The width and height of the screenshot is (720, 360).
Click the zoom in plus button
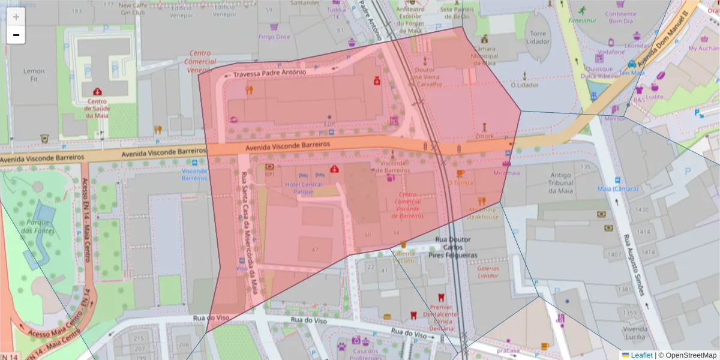[16, 17]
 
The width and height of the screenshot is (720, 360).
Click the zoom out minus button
[16, 35]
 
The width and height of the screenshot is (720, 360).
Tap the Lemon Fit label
[34, 75]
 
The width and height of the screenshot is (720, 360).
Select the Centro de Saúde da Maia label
[97, 108]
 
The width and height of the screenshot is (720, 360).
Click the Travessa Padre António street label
[269, 73]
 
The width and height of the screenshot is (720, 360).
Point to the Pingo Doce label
[274, 37]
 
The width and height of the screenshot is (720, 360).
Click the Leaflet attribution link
[641, 355]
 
